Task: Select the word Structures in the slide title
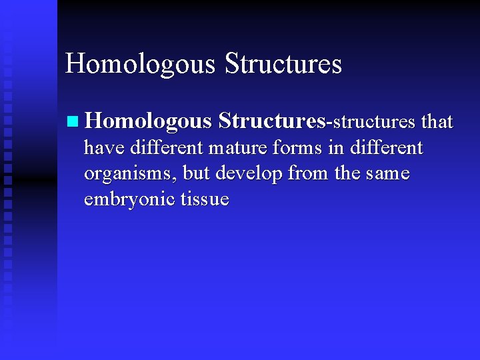point(283,64)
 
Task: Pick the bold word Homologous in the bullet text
point(149,122)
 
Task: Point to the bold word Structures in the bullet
point(272,121)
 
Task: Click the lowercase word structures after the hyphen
point(374,122)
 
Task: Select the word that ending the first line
point(437,122)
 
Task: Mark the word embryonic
point(129,200)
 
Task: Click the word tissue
point(204,200)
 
